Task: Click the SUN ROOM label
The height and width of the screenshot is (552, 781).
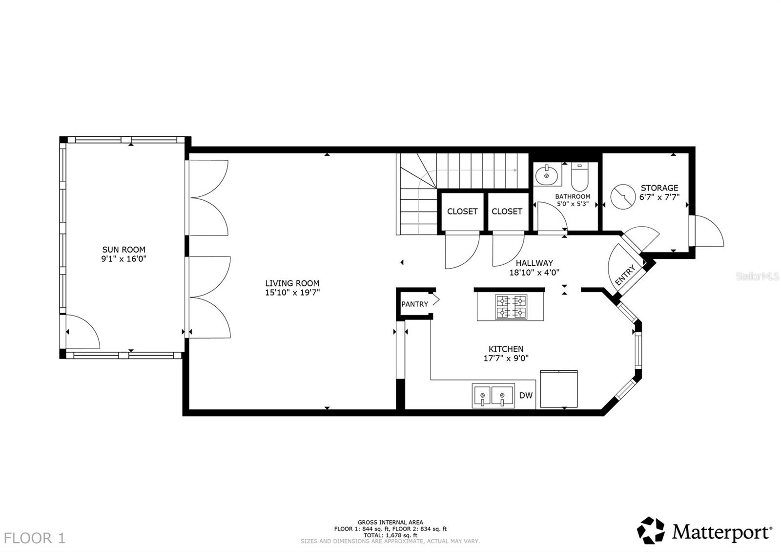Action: [123, 250]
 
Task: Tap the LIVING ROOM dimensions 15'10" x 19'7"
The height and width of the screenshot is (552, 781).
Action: [292, 293]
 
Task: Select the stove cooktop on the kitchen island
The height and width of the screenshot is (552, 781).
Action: [511, 307]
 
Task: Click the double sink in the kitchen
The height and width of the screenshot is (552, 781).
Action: [493, 395]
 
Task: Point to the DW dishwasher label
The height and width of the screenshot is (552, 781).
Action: [525, 396]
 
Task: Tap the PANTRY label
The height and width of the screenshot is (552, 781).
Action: [414, 304]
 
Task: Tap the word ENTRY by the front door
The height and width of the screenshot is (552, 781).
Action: [625, 275]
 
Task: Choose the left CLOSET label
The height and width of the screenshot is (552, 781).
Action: [462, 212]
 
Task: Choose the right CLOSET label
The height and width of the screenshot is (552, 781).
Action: [507, 212]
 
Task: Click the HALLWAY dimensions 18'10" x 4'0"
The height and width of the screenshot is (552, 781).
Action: [534, 273]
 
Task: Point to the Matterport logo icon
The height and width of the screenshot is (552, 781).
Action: [651, 530]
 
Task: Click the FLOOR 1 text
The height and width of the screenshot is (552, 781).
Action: [36, 538]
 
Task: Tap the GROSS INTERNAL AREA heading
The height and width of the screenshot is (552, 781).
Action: [390, 522]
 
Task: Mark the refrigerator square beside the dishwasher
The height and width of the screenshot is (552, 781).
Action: [559, 389]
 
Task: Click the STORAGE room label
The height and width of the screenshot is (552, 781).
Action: [659, 188]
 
